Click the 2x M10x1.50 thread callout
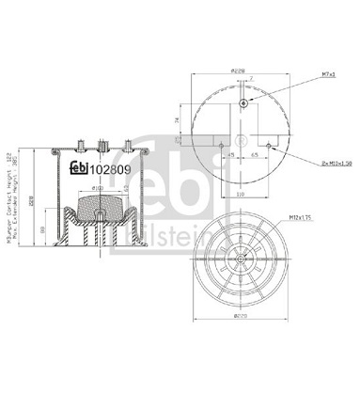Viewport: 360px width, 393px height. pos(320,163)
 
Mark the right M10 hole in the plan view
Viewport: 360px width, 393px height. pos(271,145)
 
